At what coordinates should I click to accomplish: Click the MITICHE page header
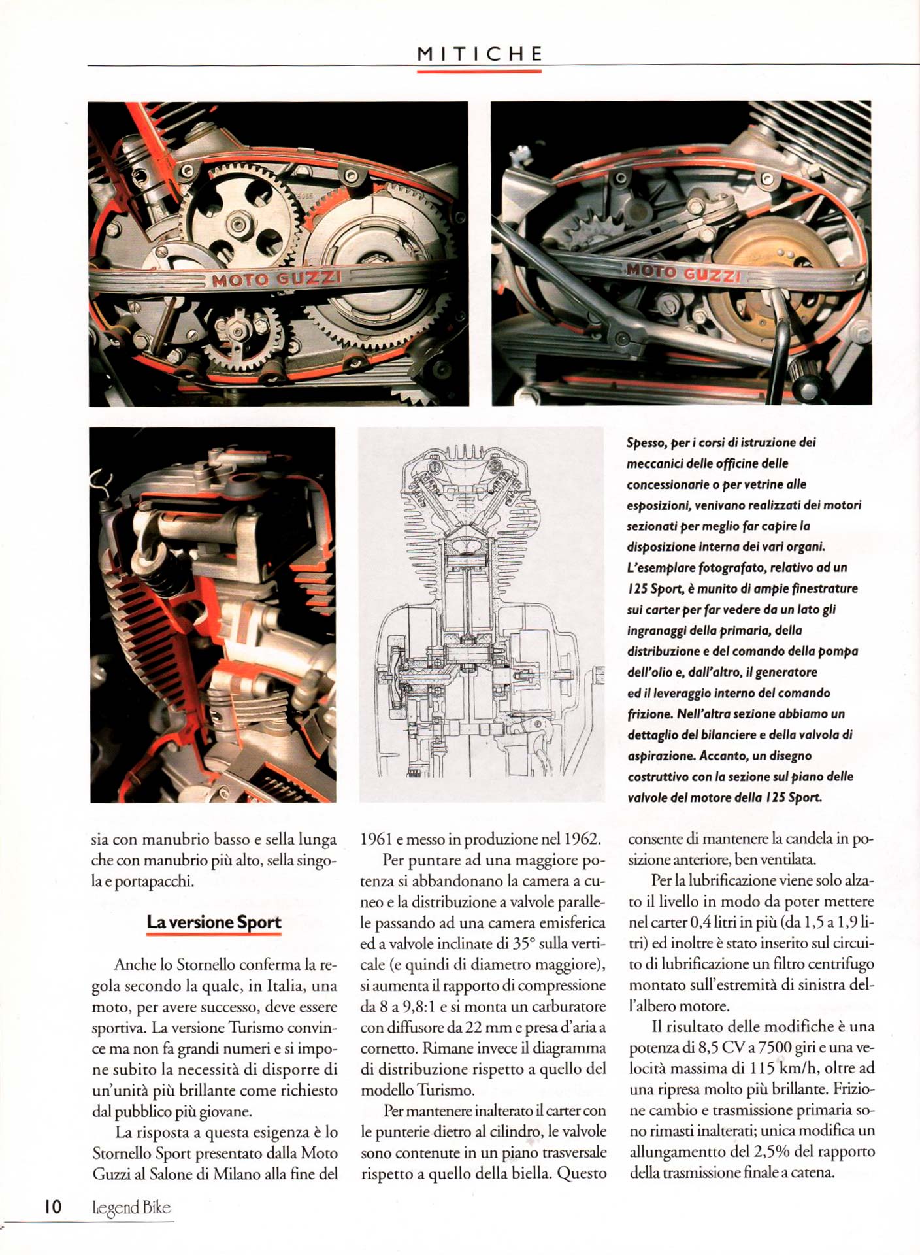tap(480, 54)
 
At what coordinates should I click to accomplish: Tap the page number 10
tap(53, 1207)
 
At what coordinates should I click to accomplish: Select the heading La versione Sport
tap(214, 922)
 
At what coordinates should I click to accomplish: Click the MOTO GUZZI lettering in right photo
tap(683, 273)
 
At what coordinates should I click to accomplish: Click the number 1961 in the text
tap(376, 839)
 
